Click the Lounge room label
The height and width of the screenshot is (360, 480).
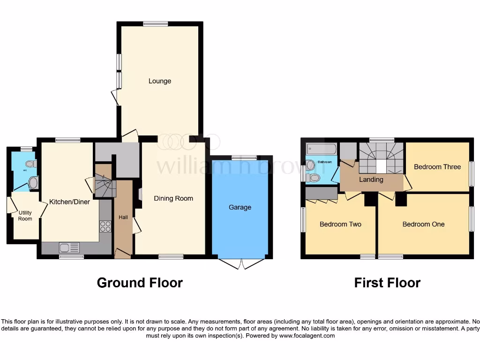(160, 81)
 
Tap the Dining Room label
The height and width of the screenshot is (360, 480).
(173, 198)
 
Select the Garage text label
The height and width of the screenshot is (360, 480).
(240, 207)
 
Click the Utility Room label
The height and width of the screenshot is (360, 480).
(25, 216)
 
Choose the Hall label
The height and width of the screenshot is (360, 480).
(123, 217)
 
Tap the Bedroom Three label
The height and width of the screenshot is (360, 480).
(437, 167)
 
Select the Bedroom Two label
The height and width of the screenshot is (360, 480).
(340, 224)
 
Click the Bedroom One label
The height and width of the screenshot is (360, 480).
(423, 224)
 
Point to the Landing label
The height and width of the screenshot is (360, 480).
(371, 180)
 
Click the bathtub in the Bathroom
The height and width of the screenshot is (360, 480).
(321, 150)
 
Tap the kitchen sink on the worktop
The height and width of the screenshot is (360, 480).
(69, 247)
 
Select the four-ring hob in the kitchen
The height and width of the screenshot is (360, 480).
(105, 226)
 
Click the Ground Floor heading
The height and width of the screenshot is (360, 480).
(140, 283)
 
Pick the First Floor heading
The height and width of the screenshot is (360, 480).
(387, 283)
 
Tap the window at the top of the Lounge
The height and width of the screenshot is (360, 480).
(156, 24)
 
